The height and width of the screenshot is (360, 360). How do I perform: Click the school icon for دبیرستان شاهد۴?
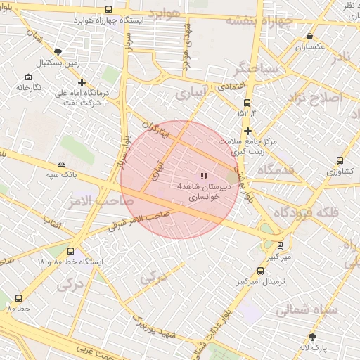pyautogui.click(x=204, y=176)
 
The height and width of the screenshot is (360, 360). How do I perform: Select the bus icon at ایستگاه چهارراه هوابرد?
pyautogui.click(x=108, y=10)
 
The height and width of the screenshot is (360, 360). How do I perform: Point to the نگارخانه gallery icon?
pyautogui.click(x=27, y=77)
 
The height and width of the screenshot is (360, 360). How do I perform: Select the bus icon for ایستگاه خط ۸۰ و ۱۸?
pyautogui.click(x=70, y=251)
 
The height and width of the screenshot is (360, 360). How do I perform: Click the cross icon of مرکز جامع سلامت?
pyautogui.click(x=247, y=131)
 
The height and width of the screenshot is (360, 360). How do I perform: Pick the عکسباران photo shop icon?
pyautogui.click(x=310, y=36)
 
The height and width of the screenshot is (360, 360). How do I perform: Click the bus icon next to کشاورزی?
pyautogui.click(x=340, y=160)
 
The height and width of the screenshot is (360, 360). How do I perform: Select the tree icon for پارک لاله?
pyautogui.click(x=312, y=337)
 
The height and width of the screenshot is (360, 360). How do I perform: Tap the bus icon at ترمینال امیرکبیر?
pyautogui.click(x=261, y=271)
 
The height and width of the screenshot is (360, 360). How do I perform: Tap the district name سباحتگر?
pyautogui.click(x=250, y=67)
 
